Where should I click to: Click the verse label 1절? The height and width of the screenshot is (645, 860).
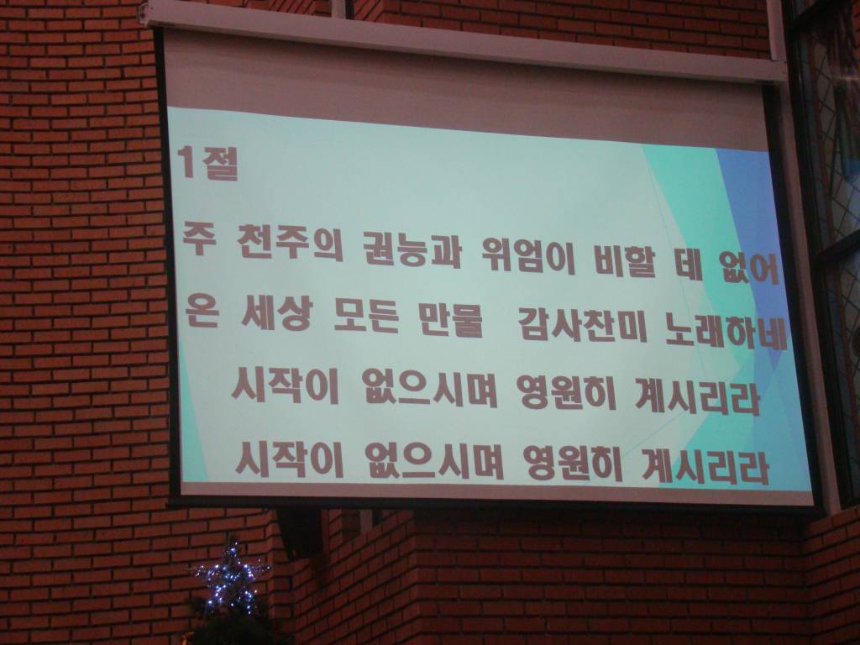[x=209, y=162]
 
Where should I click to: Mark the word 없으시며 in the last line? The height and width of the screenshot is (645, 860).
[x=430, y=463]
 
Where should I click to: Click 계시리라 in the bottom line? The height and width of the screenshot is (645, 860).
[x=705, y=468]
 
